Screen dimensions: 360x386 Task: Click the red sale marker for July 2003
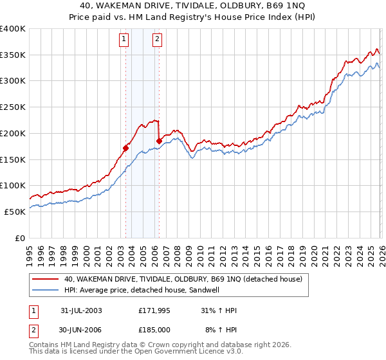(125, 148)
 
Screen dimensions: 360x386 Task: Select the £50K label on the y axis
(15, 212)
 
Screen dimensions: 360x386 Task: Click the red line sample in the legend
(46, 279)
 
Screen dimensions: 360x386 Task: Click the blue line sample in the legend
(46, 290)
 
